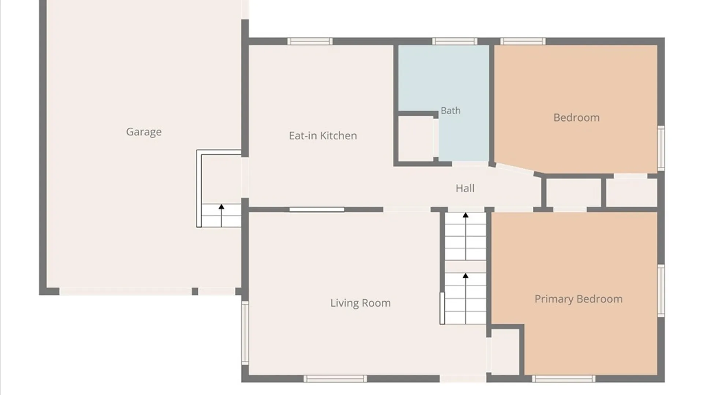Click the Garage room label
pyautogui.click(x=144, y=132)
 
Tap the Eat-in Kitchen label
pyautogui.click(x=323, y=136)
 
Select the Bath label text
pyautogui.click(x=450, y=110)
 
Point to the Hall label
pyautogui.click(x=465, y=188)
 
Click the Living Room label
pyautogui.click(x=360, y=303)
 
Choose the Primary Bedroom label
pyautogui.click(x=579, y=299)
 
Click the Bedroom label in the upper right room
pyautogui.click(x=576, y=118)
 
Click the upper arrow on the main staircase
pyautogui.click(x=465, y=236)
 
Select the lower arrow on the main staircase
pyautogui.click(x=465, y=298)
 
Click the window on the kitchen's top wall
pyautogui.click(x=310, y=41)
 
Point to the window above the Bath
pyautogui.click(x=455, y=41)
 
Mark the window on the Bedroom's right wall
pyautogui.click(x=661, y=148)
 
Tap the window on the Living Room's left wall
pyautogui.click(x=245, y=332)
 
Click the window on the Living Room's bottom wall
pyautogui.click(x=335, y=379)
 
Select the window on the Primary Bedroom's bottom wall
pyautogui.click(x=563, y=379)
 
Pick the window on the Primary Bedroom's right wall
pyautogui.click(x=661, y=290)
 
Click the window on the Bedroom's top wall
pyautogui.click(x=523, y=41)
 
